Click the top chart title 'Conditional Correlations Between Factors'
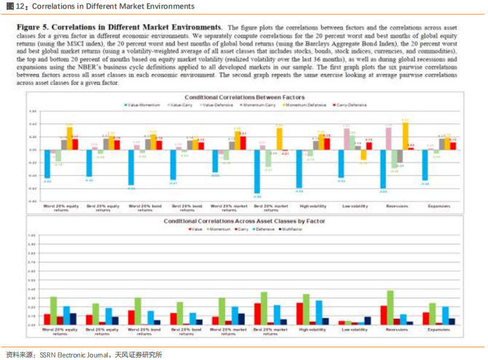(x=244, y=97)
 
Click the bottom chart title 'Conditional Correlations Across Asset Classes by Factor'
(x=244, y=221)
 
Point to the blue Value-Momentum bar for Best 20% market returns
(x=257, y=172)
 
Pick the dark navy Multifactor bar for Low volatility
(x=368, y=321)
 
